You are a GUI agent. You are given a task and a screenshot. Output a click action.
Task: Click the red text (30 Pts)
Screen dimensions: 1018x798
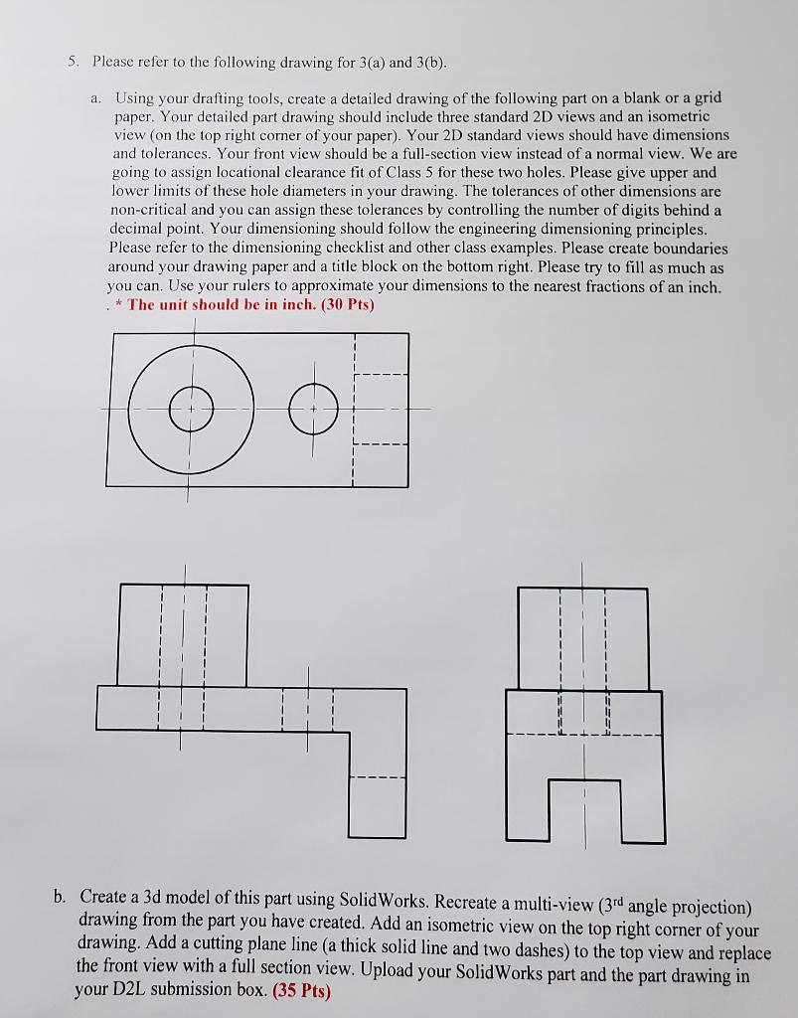[339, 305]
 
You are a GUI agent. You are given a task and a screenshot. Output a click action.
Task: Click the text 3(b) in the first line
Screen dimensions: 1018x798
[427, 62]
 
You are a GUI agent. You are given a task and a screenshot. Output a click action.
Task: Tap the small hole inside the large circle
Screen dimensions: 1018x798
[191, 409]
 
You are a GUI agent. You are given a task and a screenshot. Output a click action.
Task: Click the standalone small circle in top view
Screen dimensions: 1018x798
[314, 409]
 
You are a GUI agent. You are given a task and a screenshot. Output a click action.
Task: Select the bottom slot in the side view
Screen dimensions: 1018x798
[584, 807]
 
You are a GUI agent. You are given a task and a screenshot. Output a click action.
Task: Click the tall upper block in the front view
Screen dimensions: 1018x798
[183, 634]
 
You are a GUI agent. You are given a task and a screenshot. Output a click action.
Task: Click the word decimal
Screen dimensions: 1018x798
[138, 230]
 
